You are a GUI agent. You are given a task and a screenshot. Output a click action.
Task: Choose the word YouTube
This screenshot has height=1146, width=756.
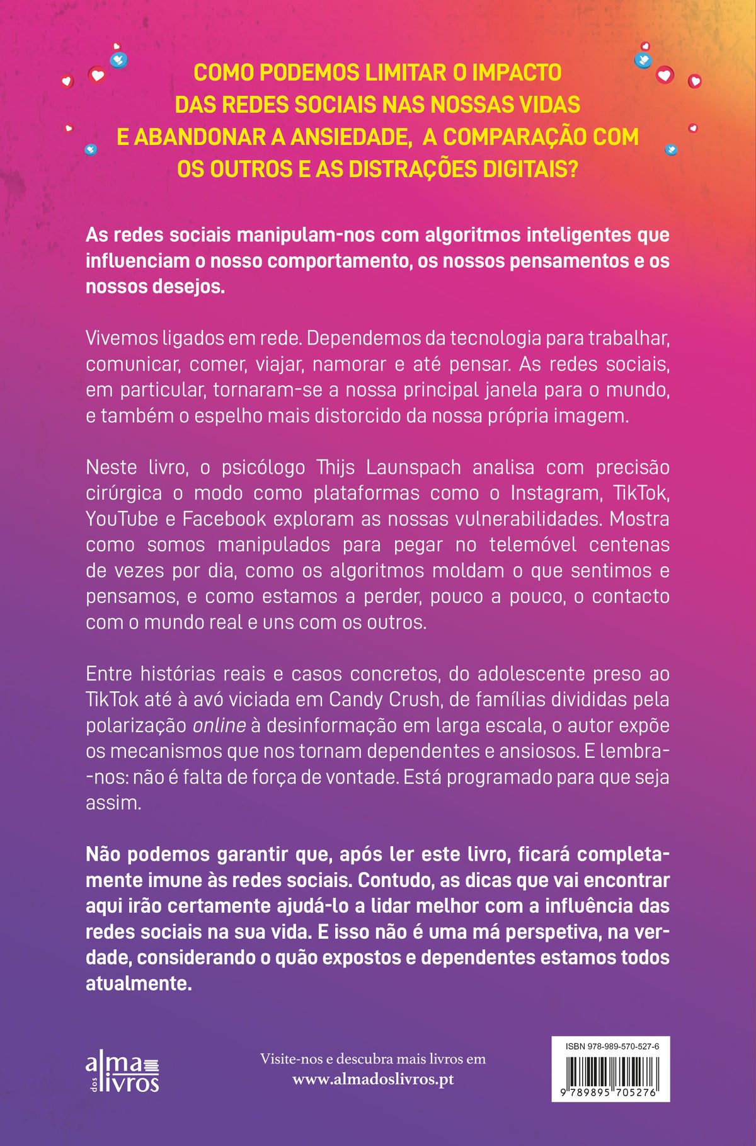tap(122, 519)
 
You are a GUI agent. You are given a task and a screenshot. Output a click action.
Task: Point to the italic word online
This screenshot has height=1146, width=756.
tap(219, 726)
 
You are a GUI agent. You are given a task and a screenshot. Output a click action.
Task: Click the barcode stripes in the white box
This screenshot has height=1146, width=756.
tap(610, 1072)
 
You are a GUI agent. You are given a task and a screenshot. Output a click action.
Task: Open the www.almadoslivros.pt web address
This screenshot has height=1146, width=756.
tap(373, 1079)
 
